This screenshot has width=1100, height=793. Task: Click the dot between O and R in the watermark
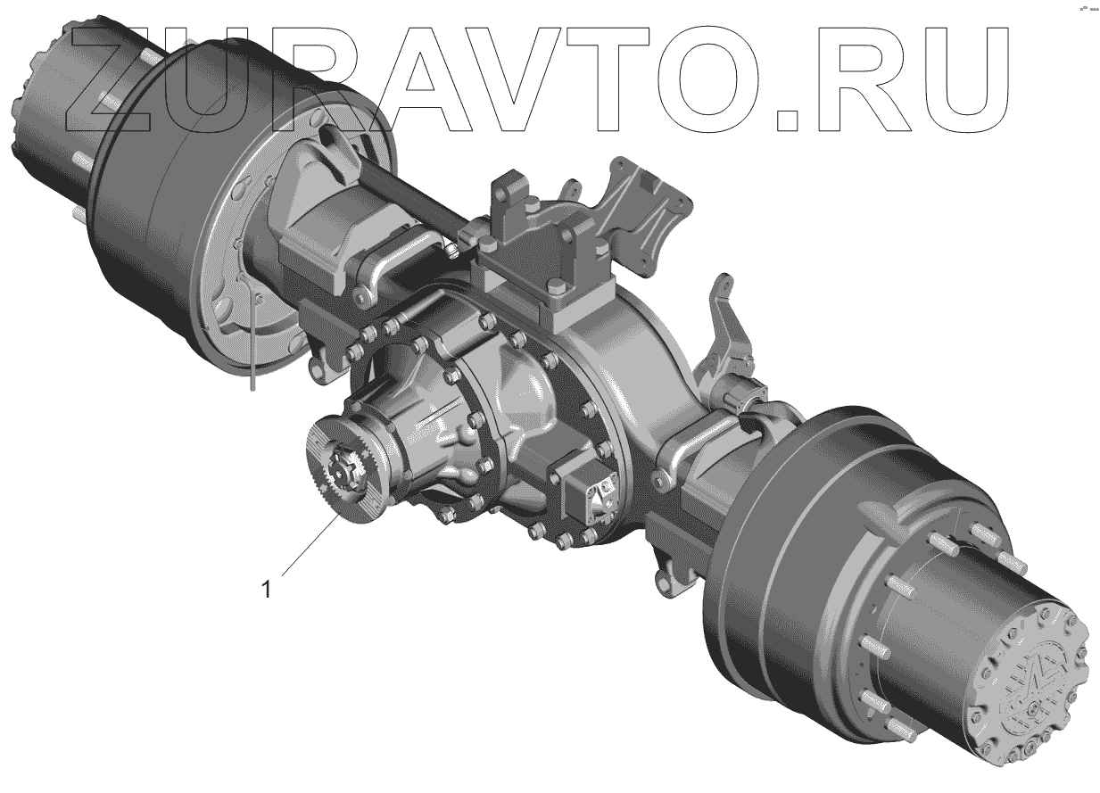click(x=787, y=120)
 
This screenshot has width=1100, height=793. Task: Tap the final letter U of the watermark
click(x=964, y=80)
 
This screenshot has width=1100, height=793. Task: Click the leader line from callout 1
click(x=310, y=545)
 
